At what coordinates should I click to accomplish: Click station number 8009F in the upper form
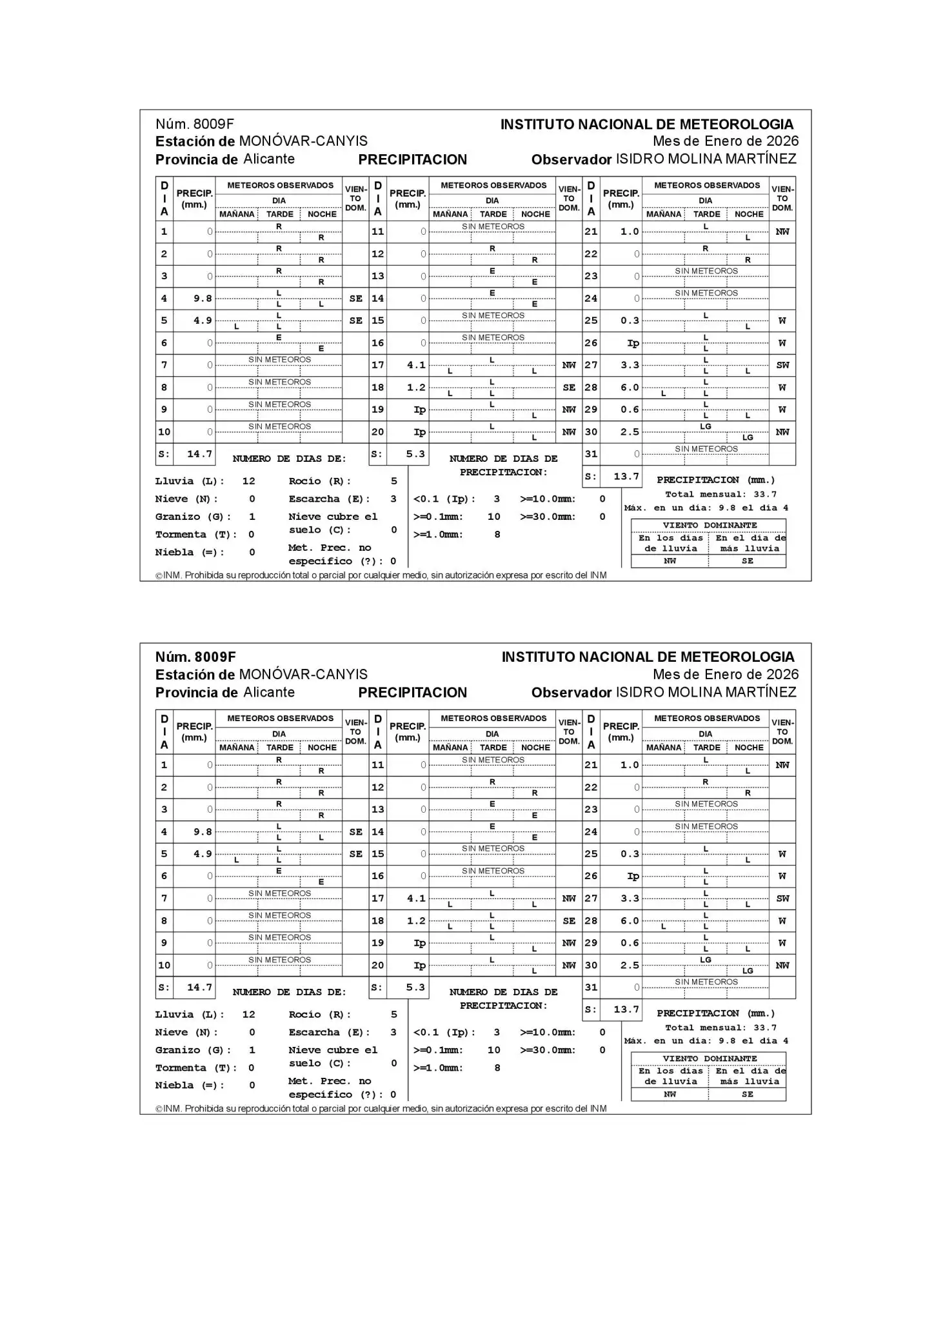(214, 124)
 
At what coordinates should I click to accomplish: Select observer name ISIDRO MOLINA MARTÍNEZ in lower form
(706, 692)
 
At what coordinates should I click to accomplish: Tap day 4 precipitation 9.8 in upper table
(203, 299)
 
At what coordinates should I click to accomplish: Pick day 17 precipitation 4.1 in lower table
(416, 899)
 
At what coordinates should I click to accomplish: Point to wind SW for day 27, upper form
(782, 365)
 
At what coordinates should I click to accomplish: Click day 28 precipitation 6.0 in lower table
(630, 921)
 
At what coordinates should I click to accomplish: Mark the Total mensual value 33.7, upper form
(765, 495)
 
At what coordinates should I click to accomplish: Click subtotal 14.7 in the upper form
(199, 454)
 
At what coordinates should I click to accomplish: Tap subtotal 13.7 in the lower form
(626, 1009)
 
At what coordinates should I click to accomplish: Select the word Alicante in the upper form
(269, 159)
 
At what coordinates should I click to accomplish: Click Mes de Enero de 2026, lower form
(725, 675)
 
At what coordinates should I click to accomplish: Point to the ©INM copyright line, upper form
(381, 575)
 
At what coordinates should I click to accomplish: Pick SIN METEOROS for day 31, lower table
(706, 982)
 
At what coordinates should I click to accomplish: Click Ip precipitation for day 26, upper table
(633, 343)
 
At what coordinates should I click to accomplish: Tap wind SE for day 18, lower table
(569, 921)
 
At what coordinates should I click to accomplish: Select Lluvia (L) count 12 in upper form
(248, 481)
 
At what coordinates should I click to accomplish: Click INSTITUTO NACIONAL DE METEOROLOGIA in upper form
(647, 124)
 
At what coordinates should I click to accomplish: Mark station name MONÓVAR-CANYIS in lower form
(303, 675)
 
